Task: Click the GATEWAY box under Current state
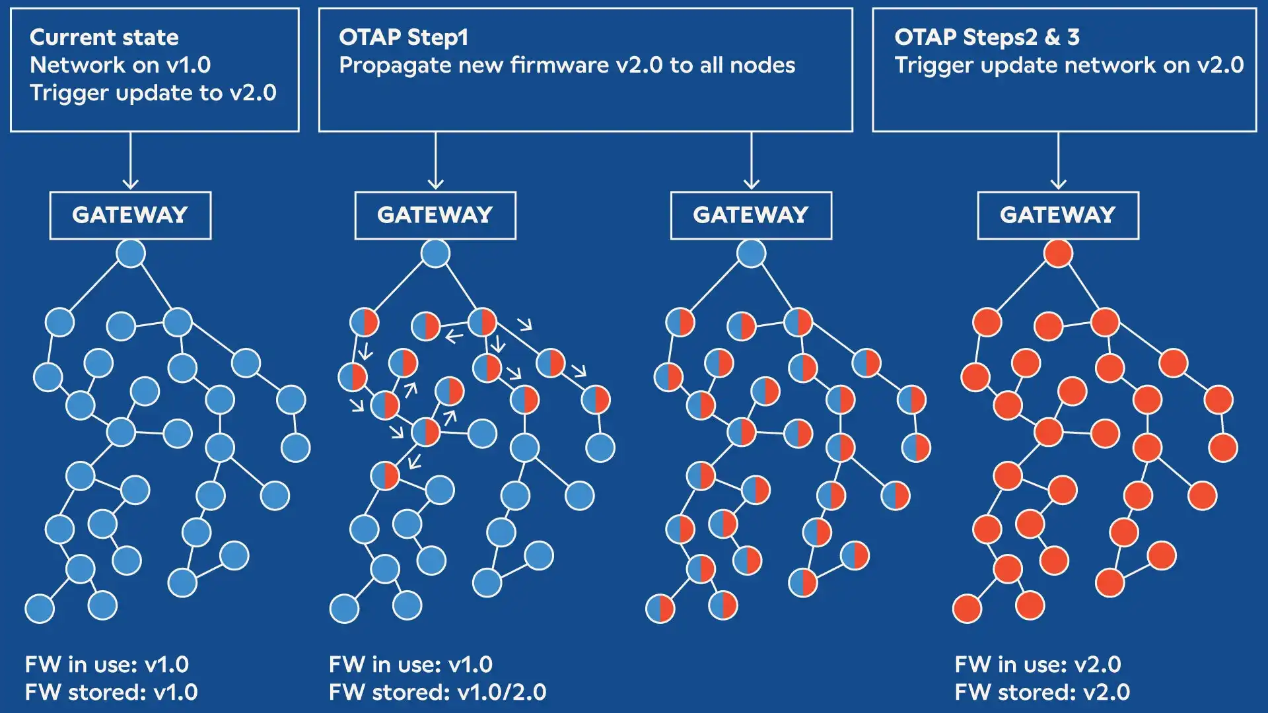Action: click(130, 215)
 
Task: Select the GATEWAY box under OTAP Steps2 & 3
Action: click(1058, 215)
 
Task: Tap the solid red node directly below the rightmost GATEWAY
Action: click(1058, 254)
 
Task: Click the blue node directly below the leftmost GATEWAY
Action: click(131, 254)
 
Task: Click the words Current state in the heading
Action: click(104, 38)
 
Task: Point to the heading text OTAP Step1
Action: click(404, 38)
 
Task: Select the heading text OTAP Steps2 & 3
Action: click(987, 38)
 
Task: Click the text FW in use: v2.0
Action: click(1038, 664)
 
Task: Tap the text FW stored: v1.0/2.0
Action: click(437, 692)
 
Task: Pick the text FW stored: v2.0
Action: click(1042, 692)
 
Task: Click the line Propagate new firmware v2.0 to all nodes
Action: click(567, 65)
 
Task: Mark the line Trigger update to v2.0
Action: click(153, 93)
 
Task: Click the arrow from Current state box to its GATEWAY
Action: click(131, 162)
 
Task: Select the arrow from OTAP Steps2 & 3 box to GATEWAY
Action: click(1058, 162)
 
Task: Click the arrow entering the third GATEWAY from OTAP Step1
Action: click(752, 162)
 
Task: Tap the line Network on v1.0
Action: click(120, 65)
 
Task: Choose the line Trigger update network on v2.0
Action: click(1069, 65)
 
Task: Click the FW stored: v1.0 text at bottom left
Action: click(111, 692)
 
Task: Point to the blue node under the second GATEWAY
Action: click(435, 254)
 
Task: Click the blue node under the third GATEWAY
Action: click(752, 254)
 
